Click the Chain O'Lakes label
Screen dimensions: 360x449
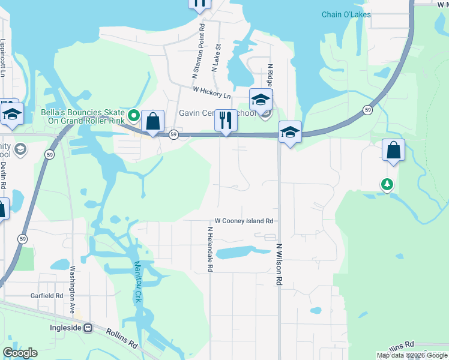(346, 14)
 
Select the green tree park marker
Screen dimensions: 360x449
(387, 184)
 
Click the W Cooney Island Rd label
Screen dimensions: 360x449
(244, 221)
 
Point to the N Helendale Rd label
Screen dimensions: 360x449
(210, 250)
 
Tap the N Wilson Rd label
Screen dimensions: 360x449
(279, 264)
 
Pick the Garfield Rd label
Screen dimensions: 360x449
(47, 296)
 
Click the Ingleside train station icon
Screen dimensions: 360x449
(88, 328)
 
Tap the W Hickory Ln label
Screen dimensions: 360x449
(211, 92)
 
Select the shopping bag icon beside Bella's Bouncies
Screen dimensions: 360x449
(154, 121)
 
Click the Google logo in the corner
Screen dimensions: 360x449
(20, 353)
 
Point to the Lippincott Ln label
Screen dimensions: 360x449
(3, 57)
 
